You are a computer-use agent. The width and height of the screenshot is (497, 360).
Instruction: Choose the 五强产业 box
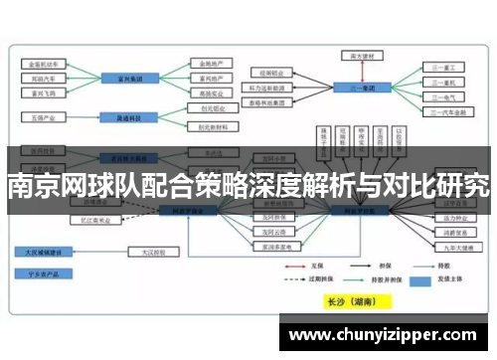[43, 116]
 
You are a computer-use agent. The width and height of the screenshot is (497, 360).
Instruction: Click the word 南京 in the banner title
[30, 184]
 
